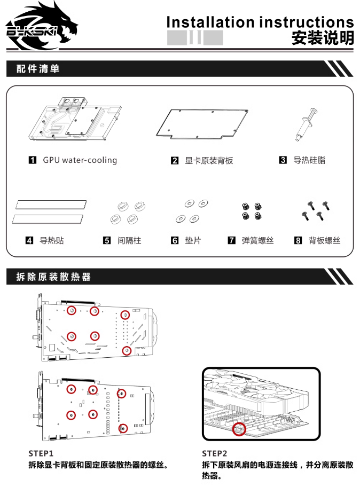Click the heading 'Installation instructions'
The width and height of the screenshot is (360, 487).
[260, 22]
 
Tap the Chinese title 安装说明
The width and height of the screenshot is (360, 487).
[322, 38]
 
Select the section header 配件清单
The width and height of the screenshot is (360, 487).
[38, 69]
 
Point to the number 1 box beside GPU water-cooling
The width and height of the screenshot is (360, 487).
[33, 160]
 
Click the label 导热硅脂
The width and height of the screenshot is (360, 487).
[309, 160]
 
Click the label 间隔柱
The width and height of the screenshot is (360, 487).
[129, 241]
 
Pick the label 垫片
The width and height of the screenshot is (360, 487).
[193, 241]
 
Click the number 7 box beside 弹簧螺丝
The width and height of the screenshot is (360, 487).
[231, 241]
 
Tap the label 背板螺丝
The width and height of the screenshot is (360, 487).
[324, 241]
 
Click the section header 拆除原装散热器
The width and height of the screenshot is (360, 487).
[53, 277]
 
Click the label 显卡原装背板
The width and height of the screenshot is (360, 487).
[209, 160]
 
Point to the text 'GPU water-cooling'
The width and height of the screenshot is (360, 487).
[80, 160]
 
